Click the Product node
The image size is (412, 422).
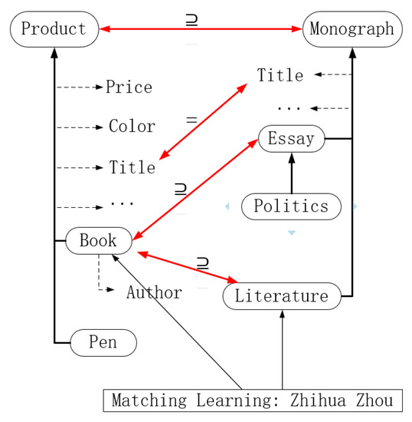(x=53, y=30)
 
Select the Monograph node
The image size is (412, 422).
(x=353, y=30)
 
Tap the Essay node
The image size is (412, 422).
(x=292, y=139)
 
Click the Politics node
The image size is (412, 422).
(x=291, y=206)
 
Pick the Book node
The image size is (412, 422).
(x=98, y=241)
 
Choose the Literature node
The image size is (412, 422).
(x=281, y=295)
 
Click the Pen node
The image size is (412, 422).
(x=103, y=342)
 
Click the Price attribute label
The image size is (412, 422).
(x=129, y=87)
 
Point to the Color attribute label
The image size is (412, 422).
(x=132, y=127)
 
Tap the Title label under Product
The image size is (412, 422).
(x=132, y=166)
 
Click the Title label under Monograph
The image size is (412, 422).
(x=280, y=75)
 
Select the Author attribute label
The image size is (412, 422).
(x=154, y=292)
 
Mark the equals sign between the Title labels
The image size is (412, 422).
(x=191, y=120)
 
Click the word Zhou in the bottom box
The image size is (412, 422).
(x=372, y=401)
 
